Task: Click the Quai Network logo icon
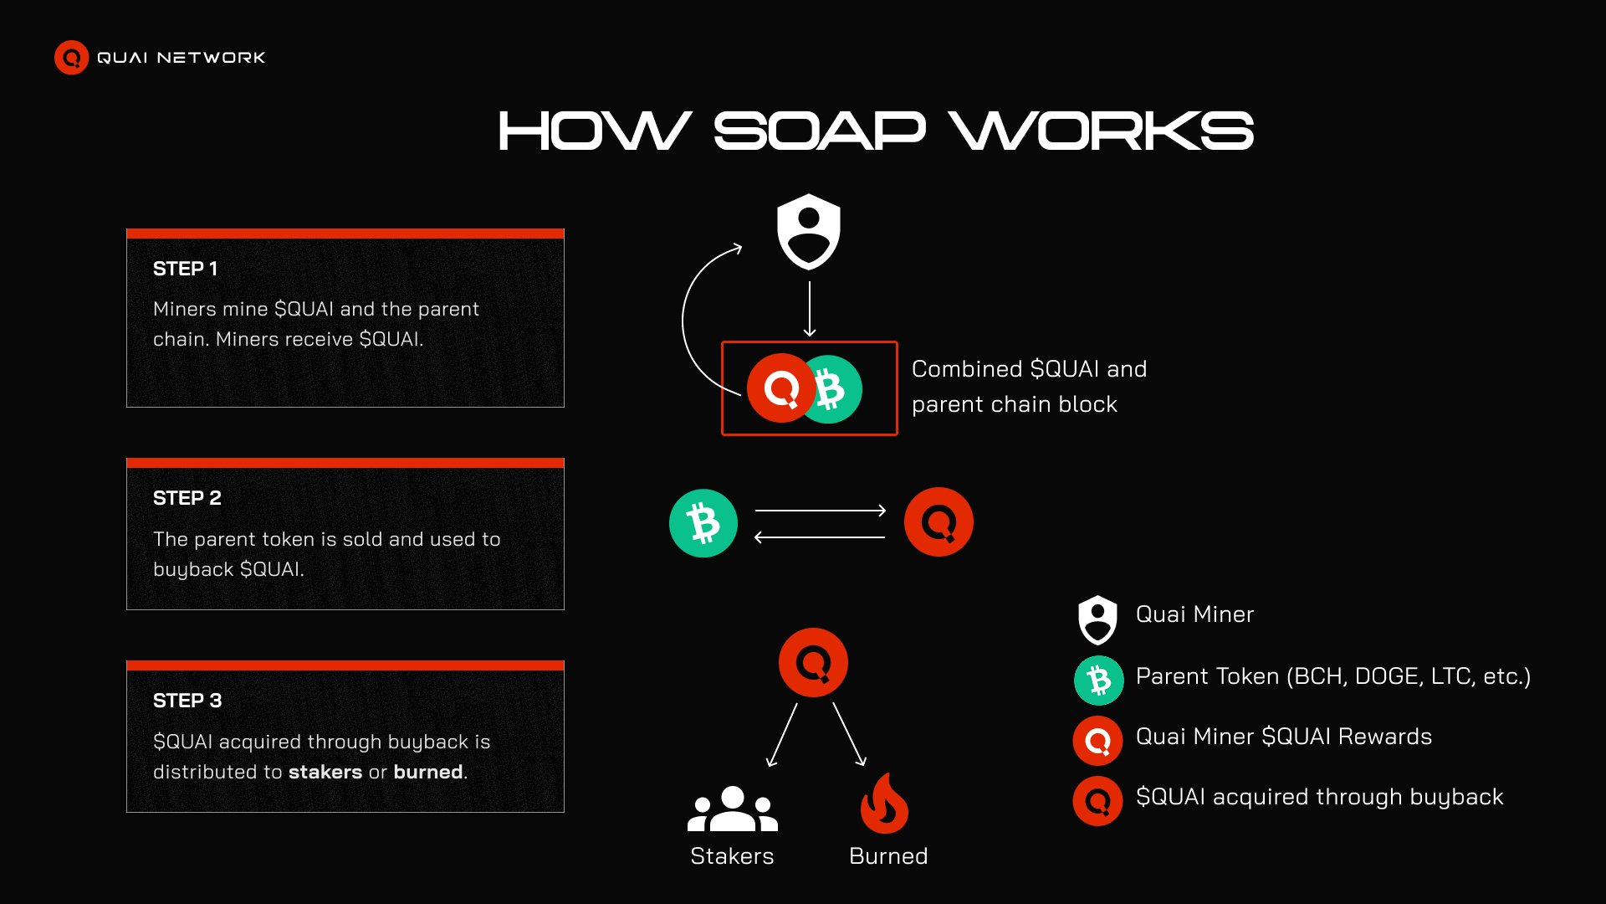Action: pyautogui.click(x=71, y=58)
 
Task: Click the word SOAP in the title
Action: pyautogui.click(x=819, y=131)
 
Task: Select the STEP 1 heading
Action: pyautogui.click(x=185, y=269)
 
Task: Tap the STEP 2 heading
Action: pyautogui.click(x=187, y=498)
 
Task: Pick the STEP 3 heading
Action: pyautogui.click(x=187, y=701)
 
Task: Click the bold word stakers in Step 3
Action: pyautogui.click(x=325, y=772)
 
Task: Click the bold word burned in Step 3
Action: pyautogui.click(x=427, y=772)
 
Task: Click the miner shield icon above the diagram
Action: pyautogui.click(x=808, y=231)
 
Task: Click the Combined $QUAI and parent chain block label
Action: pyautogui.click(x=1029, y=386)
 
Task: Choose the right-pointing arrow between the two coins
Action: pyautogui.click(x=820, y=510)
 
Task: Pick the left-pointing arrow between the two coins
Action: pyautogui.click(x=820, y=537)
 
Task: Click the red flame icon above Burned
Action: pyautogui.click(x=884, y=804)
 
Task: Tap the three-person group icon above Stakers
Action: pyautogui.click(x=732, y=809)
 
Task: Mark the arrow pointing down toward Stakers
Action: pyautogui.click(x=782, y=735)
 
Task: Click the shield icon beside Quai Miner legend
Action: pyautogui.click(x=1097, y=619)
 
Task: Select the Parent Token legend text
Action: pyautogui.click(x=1332, y=676)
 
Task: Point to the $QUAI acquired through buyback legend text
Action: pyautogui.click(x=1319, y=797)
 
